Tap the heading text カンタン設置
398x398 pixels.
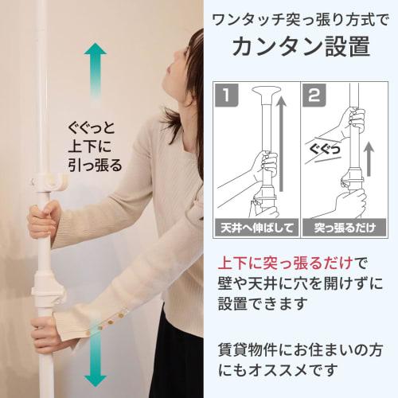301,46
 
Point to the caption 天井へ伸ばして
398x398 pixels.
257,228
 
